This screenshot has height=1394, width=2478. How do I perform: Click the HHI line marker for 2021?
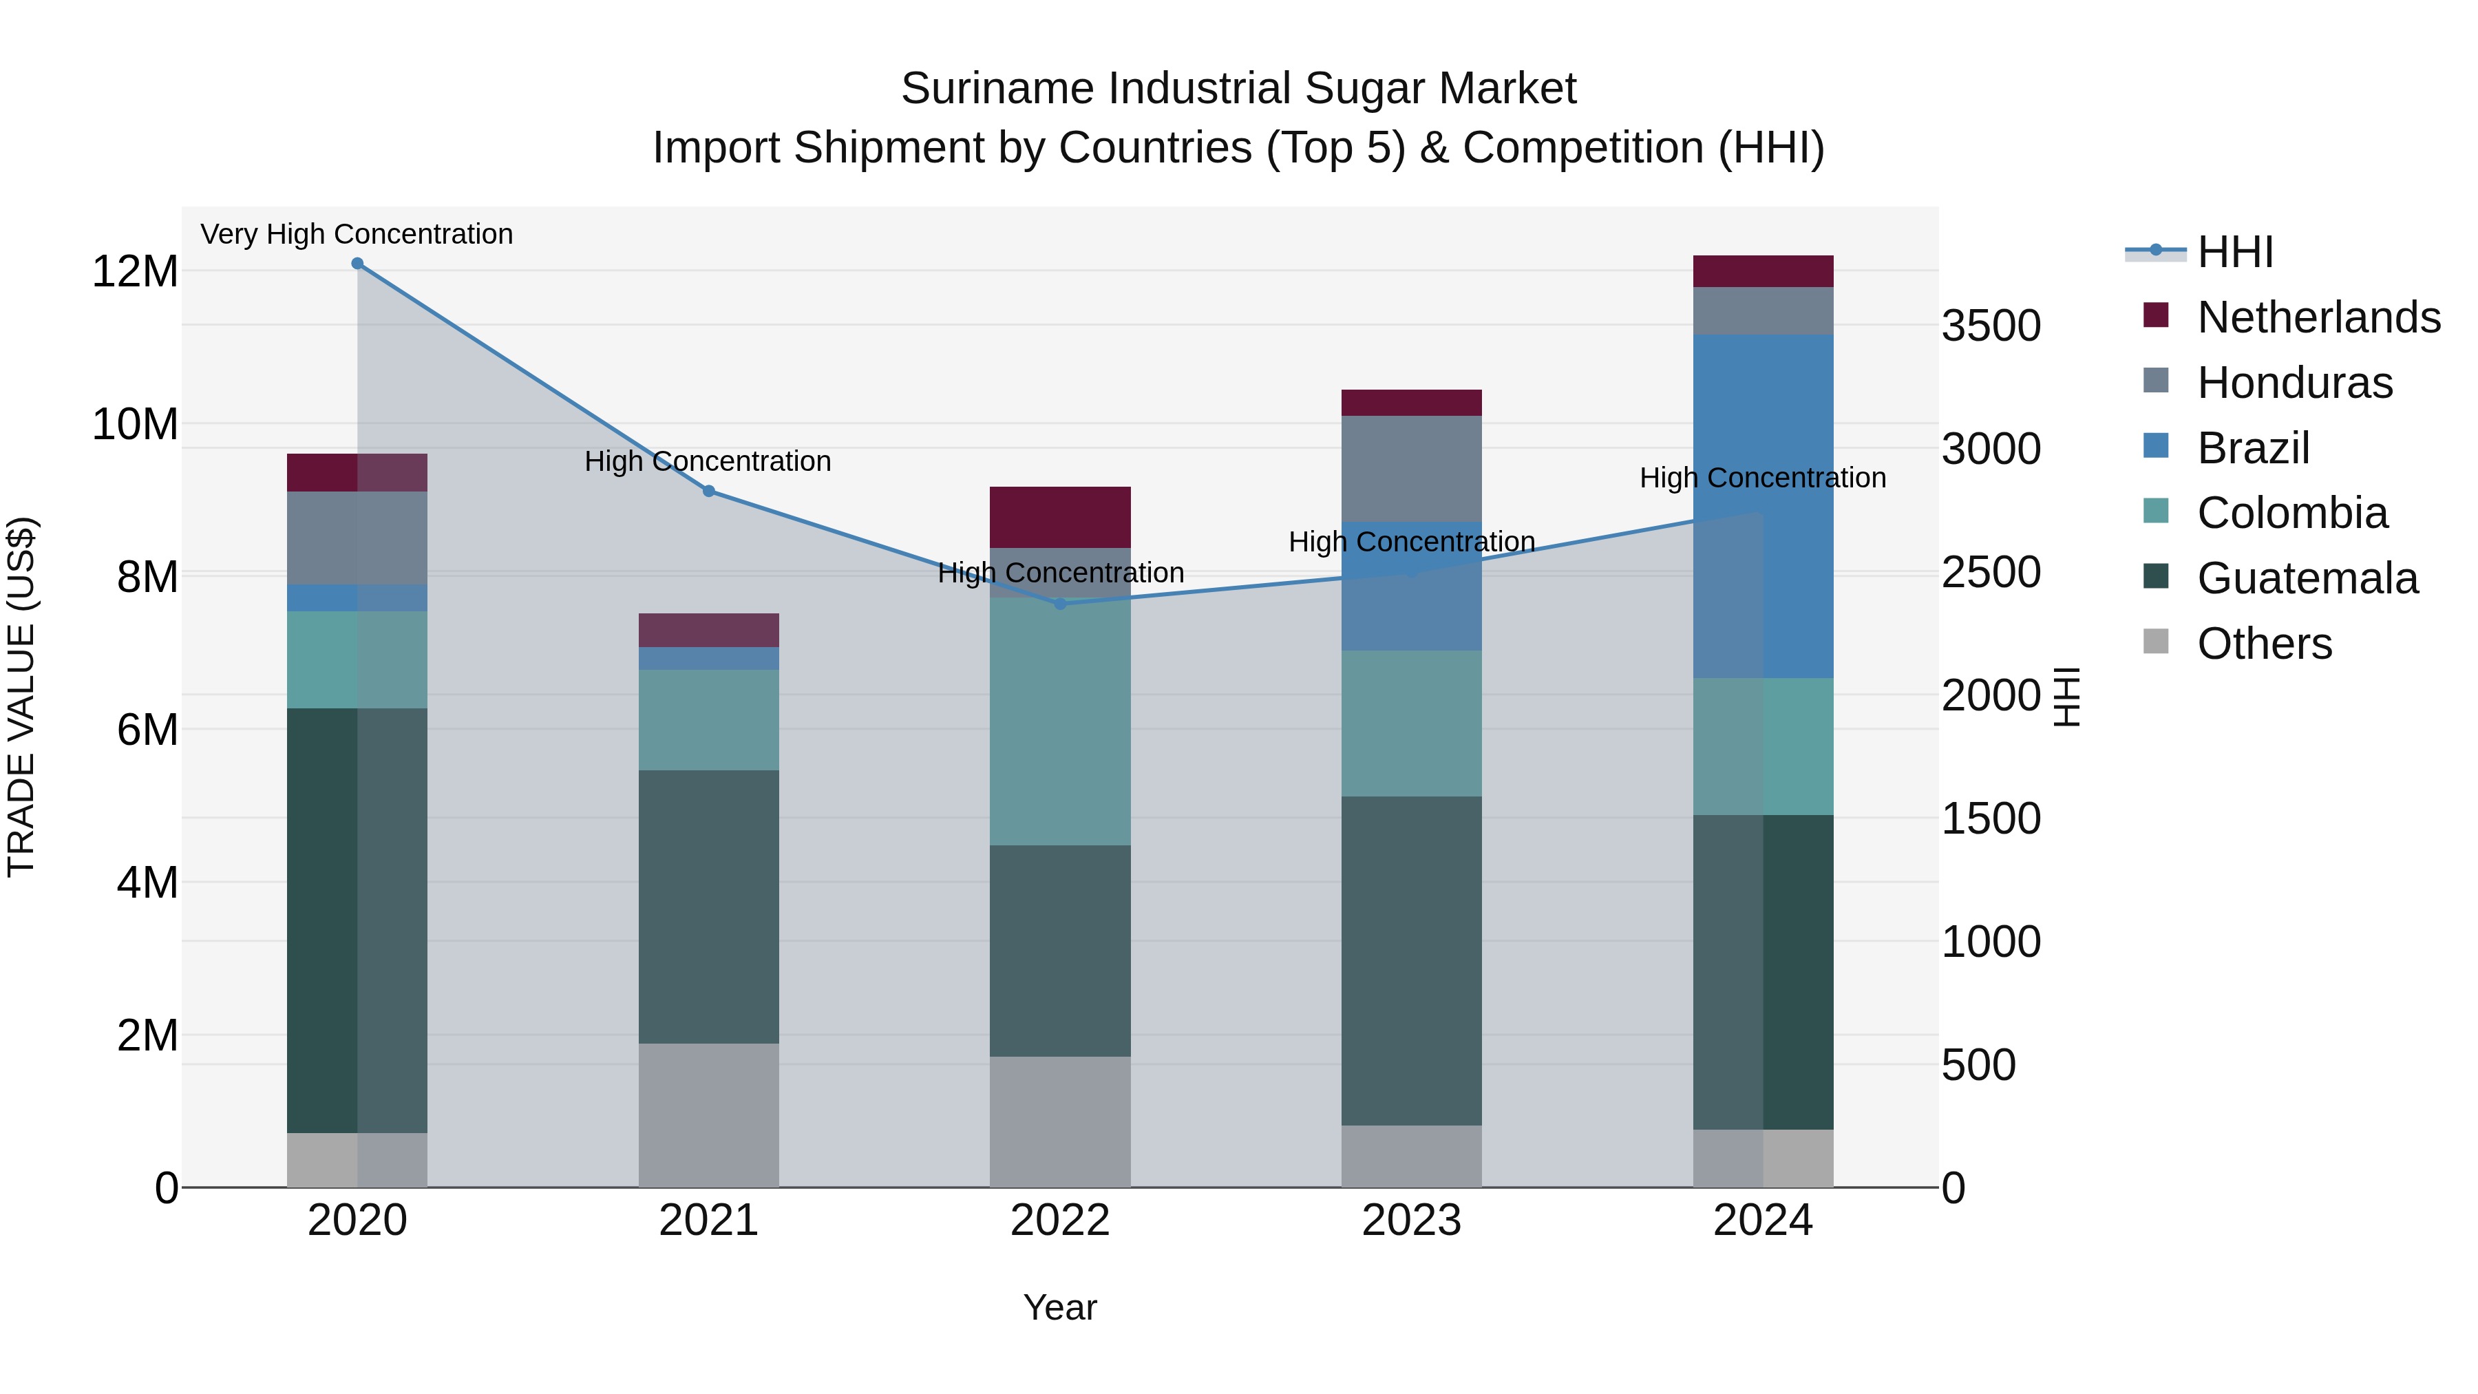click(709, 491)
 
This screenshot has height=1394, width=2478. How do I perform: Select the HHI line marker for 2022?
click(1060, 604)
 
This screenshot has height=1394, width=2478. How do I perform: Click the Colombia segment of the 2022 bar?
click(1060, 721)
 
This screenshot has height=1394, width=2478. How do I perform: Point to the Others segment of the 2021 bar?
click(709, 1115)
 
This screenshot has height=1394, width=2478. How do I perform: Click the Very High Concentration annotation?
click(357, 234)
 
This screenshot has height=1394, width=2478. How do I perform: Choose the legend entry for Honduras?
click(2294, 383)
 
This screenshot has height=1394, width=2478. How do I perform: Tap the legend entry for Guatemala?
click(2307, 578)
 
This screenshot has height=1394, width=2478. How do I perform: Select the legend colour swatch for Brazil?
click(2157, 446)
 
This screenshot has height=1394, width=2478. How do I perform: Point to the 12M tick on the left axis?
click(135, 271)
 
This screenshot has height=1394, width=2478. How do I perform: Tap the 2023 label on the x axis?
click(1411, 1221)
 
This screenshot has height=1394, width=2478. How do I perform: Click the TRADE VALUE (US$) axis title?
click(22, 697)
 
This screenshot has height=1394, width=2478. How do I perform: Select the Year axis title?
click(1060, 1307)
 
